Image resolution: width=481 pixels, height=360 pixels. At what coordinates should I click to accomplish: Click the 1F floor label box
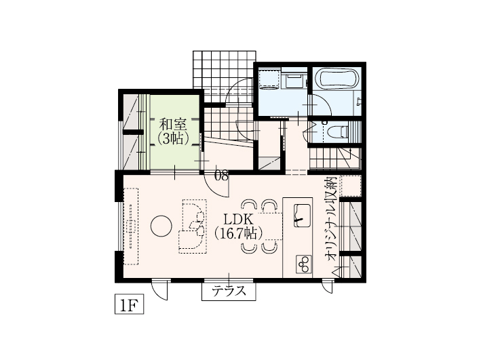[129, 304]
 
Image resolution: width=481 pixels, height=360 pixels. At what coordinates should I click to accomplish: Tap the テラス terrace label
[229, 291]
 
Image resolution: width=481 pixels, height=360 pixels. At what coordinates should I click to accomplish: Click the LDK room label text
[238, 220]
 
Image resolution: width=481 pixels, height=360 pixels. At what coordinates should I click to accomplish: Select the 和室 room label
[173, 125]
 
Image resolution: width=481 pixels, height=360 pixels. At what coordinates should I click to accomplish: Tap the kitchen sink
[302, 216]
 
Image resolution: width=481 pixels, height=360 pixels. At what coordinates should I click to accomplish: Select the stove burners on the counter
[304, 264]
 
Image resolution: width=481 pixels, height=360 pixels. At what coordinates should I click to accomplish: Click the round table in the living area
[161, 226]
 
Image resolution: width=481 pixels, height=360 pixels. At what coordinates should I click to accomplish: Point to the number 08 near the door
[221, 176]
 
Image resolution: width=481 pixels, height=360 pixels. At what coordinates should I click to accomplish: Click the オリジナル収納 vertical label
[332, 218]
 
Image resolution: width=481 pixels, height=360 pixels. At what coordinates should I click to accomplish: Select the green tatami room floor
[174, 132]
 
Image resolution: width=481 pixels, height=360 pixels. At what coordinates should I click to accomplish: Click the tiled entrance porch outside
[224, 74]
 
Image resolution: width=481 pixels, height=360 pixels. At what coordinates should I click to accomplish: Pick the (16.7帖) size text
[238, 234]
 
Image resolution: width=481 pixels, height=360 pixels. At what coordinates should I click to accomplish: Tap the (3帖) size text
[173, 139]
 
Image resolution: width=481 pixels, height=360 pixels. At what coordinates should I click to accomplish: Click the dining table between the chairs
[270, 226]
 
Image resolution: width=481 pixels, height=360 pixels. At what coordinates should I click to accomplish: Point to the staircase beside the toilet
[335, 158]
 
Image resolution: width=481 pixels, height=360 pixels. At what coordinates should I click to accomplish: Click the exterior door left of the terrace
[160, 289]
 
